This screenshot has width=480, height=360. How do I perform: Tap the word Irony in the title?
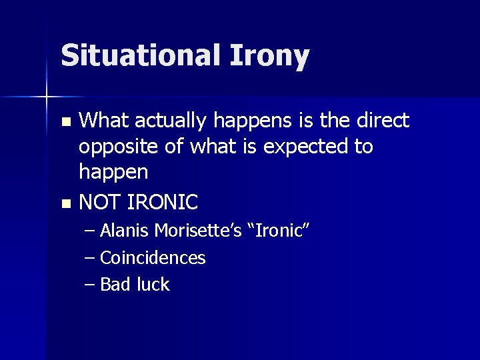(x=270, y=56)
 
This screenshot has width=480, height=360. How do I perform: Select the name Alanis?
(x=125, y=231)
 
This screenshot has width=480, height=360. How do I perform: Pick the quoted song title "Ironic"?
(x=280, y=231)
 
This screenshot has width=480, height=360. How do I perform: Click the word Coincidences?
(x=153, y=257)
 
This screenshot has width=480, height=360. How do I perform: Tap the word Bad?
(x=115, y=285)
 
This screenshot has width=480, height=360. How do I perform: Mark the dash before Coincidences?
(x=91, y=259)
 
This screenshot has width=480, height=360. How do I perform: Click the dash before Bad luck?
(x=91, y=285)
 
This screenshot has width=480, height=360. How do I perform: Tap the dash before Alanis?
(x=91, y=231)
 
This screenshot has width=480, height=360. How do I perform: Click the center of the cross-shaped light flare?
(x=46, y=97)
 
